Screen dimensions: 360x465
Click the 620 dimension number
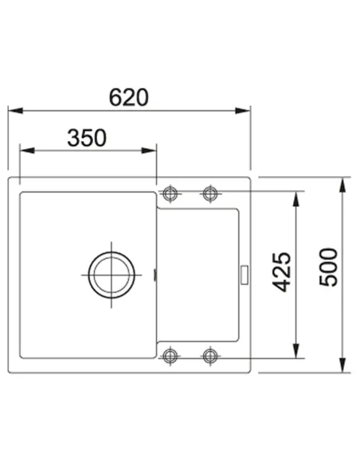coord(129,97)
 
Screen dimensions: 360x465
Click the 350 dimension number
coord(87,138)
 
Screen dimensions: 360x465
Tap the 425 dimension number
coord(281,272)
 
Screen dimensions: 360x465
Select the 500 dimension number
coord(329,268)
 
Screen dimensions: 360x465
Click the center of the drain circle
coord(112,275)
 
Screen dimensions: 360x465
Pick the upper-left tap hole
coord(170,194)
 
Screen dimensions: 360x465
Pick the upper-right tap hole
coord(210,194)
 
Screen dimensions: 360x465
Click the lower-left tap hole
coord(170,355)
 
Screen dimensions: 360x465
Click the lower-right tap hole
coord(210,355)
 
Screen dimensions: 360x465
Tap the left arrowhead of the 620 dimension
coord(15,111)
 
